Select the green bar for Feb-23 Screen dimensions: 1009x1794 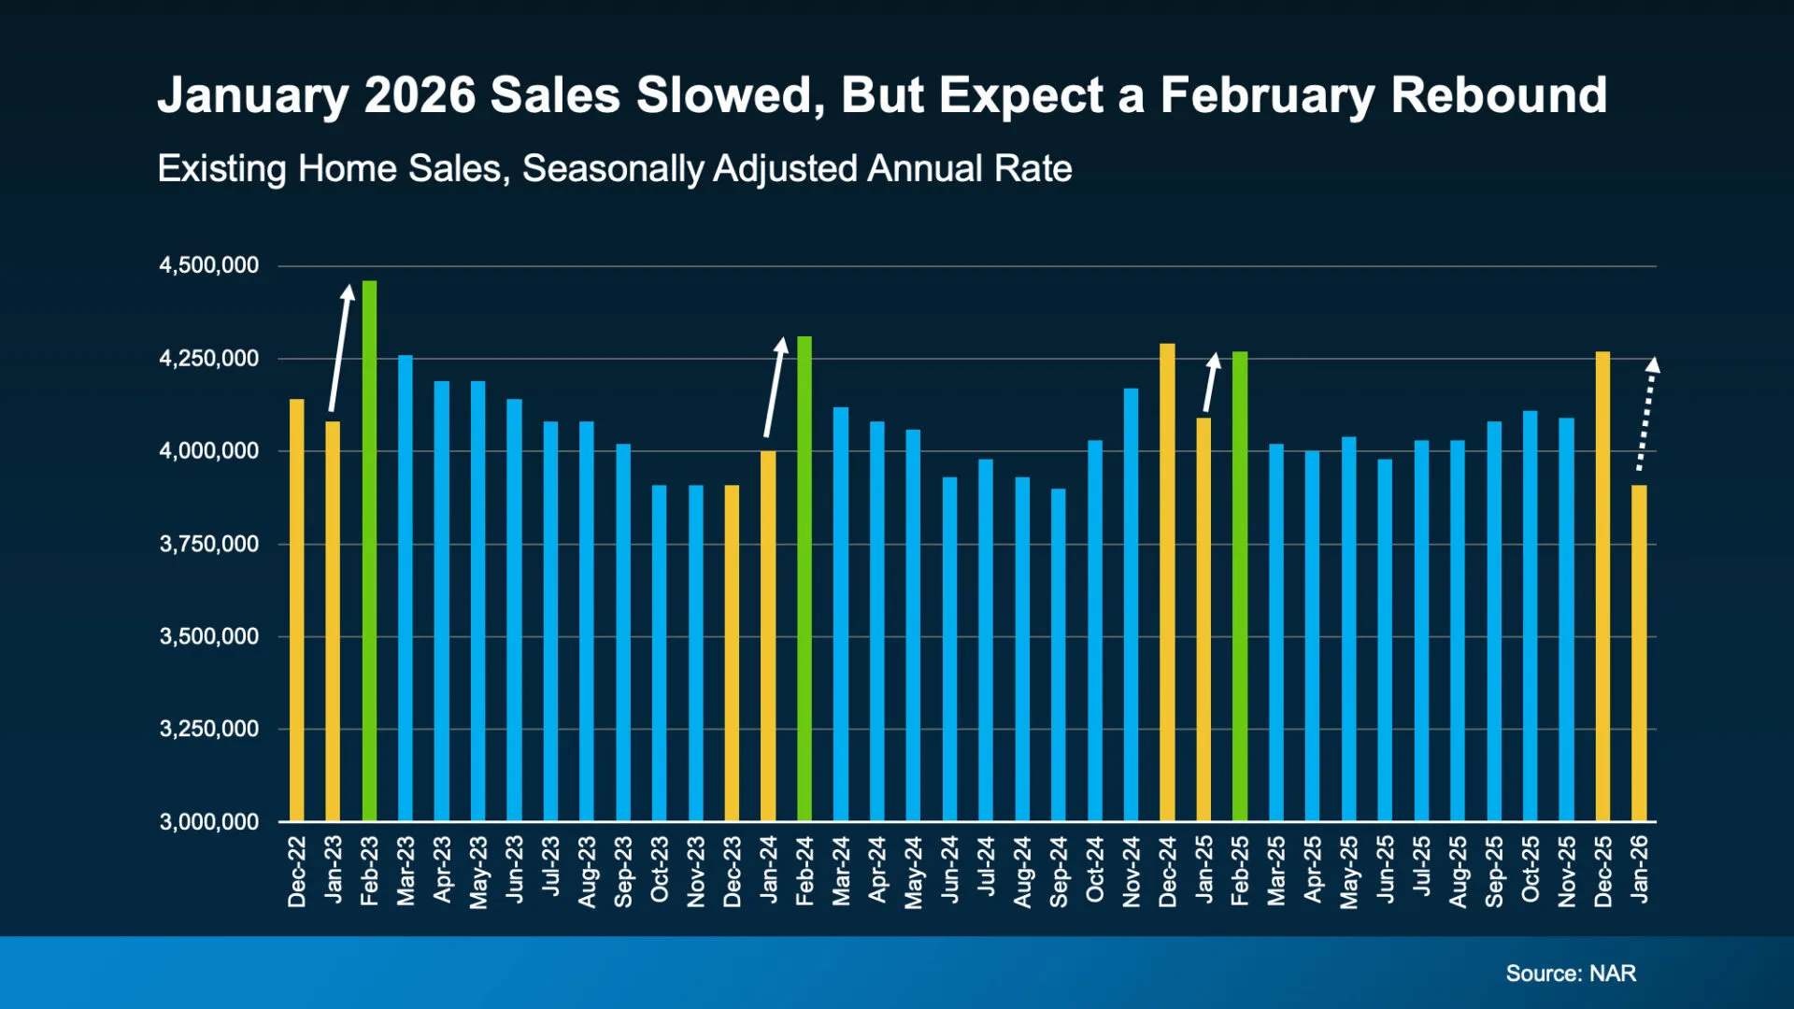[369, 551]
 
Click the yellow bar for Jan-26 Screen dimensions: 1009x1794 [1639, 654]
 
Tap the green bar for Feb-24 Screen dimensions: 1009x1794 [804, 579]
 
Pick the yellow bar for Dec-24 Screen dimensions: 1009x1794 [1167, 583]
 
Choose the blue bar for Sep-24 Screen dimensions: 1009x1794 [1059, 655]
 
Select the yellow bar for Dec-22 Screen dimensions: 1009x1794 [296, 611]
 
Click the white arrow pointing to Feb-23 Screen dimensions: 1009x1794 [340, 348]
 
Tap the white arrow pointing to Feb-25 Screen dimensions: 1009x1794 [1210, 382]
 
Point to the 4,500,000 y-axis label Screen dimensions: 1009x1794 [209, 265]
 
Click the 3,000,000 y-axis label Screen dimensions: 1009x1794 [209, 822]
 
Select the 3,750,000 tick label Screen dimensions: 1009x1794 [209, 544]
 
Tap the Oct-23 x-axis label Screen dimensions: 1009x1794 [660, 870]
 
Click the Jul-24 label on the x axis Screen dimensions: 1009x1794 [986, 867]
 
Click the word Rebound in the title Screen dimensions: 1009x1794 [1499, 95]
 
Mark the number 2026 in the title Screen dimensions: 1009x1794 [420, 95]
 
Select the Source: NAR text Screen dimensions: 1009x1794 [1571, 973]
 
